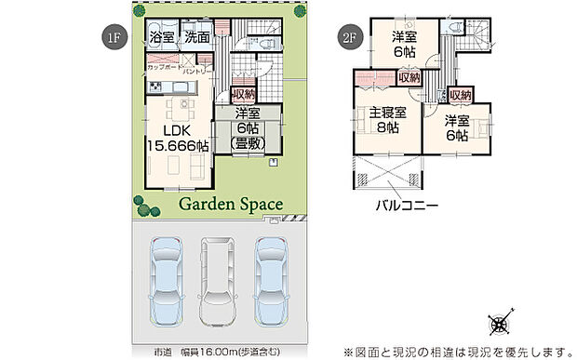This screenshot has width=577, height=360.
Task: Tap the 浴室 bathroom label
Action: tap(163, 38)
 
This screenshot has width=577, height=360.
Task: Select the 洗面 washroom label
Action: tap(196, 38)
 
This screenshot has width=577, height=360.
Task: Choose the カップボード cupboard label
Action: tap(164, 69)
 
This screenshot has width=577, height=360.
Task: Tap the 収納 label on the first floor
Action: tap(243, 95)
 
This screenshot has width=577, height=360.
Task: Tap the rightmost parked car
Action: tap(273, 279)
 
